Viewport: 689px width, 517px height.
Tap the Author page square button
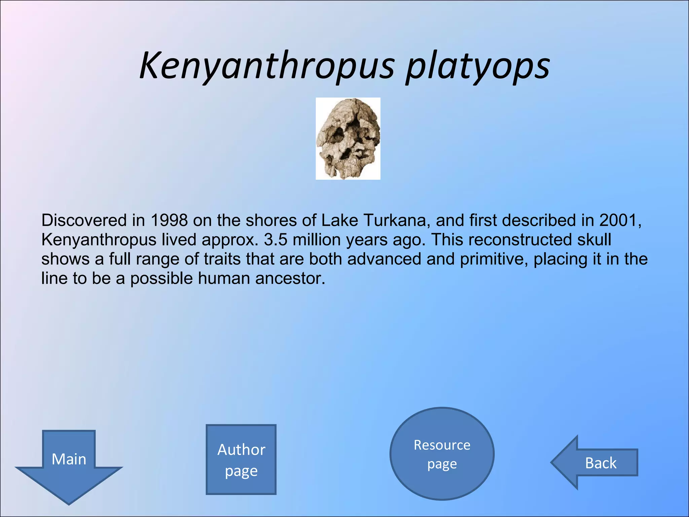click(x=241, y=459)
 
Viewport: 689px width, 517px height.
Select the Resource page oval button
click(x=442, y=454)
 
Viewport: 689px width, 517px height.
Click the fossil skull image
click(x=348, y=138)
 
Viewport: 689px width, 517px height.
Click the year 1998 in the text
click(x=169, y=220)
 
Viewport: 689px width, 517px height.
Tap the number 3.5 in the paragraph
click(x=276, y=240)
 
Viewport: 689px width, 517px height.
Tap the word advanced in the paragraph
click(x=384, y=260)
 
